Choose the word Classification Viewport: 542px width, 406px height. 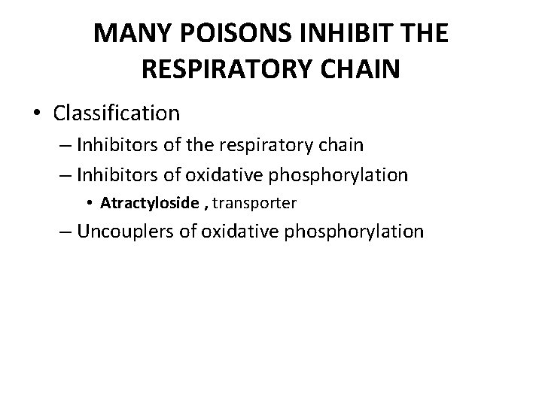click(117, 114)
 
